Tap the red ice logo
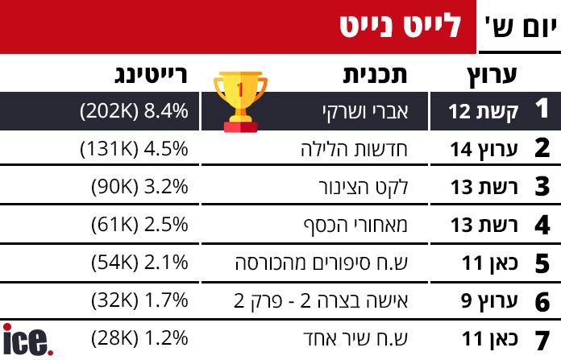[x=28, y=340]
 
